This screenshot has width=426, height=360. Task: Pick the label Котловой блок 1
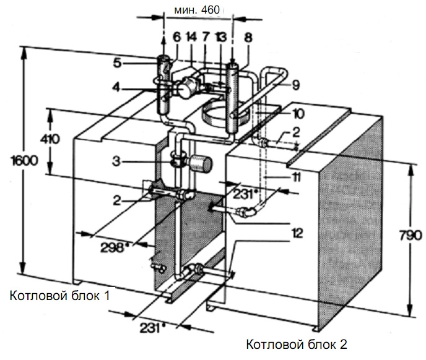tap(59, 296)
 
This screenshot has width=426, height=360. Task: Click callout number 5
tap(135, 62)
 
